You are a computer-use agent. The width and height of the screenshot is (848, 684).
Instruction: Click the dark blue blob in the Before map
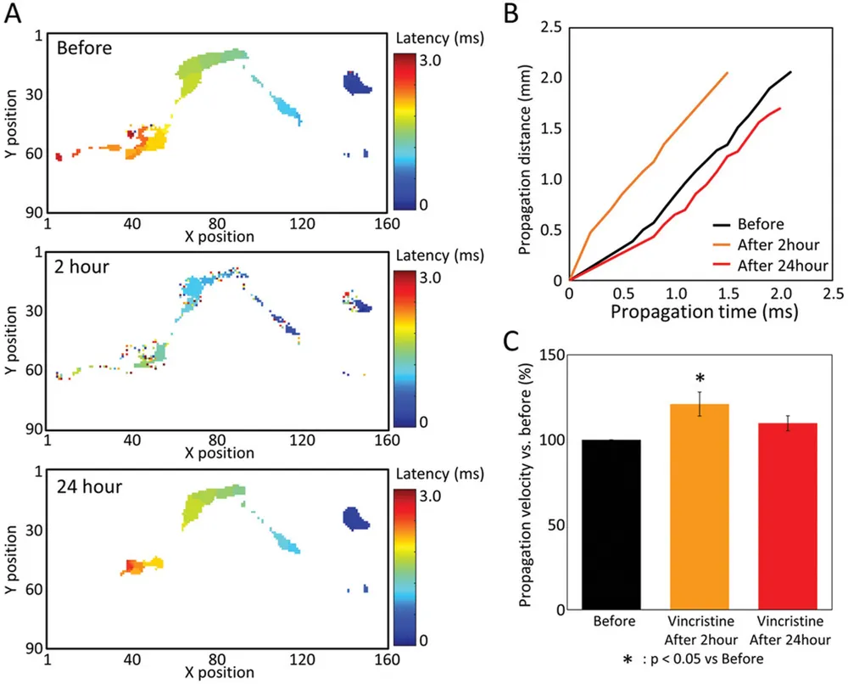pos(356,83)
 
